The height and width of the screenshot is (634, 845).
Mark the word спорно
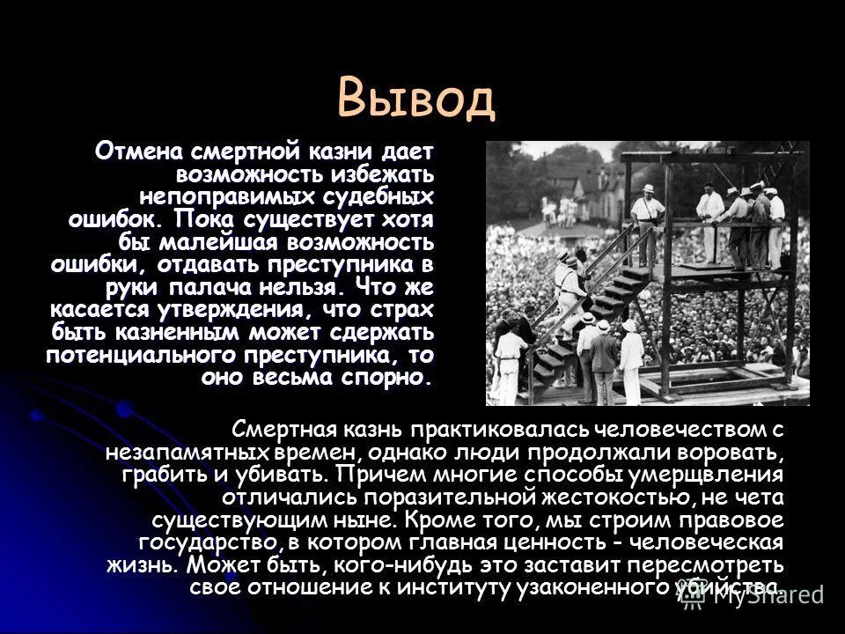pyautogui.click(x=386, y=379)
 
